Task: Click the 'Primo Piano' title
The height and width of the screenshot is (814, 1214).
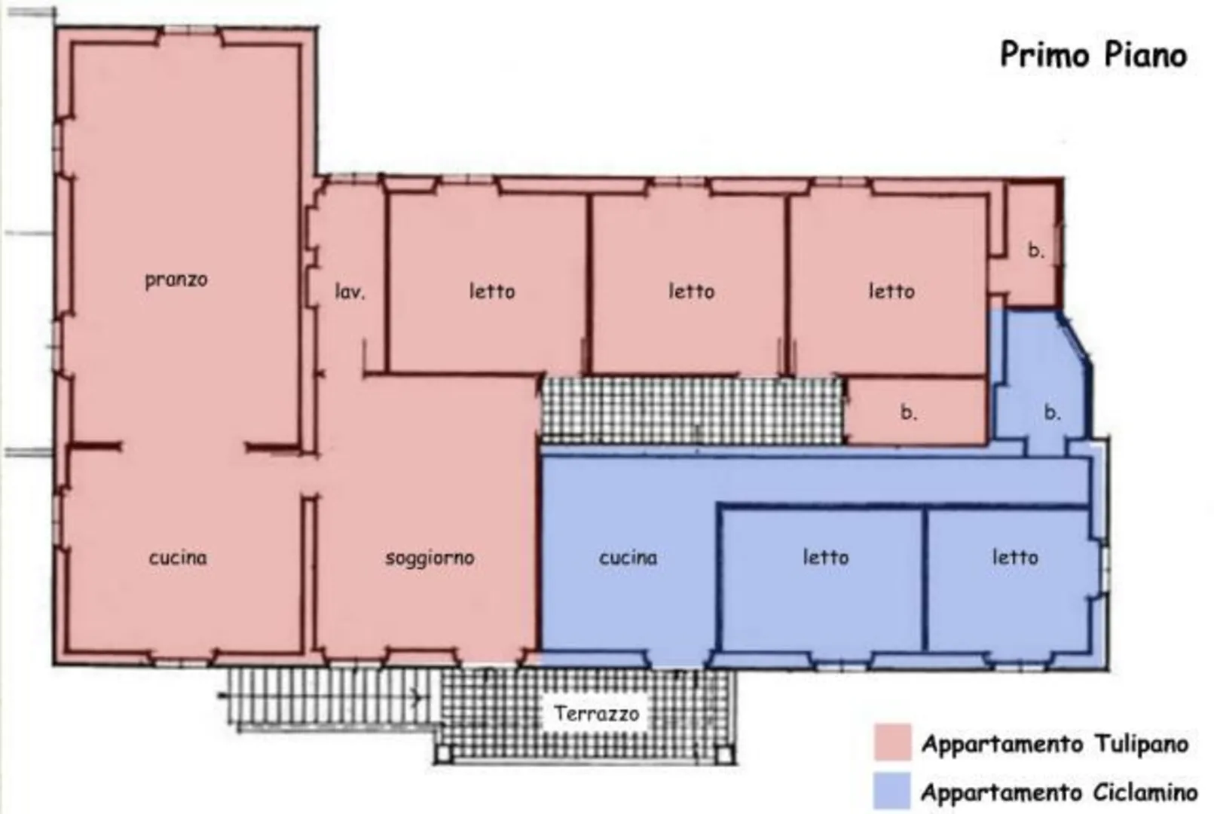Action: pyautogui.click(x=1093, y=55)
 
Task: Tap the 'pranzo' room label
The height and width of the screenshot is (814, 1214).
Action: pyautogui.click(x=176, y=280)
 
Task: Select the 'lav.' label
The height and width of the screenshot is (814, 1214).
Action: pyautogui.click(x=350, y=292)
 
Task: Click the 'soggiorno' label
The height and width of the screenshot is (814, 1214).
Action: pyautogui.click(x=430, y=558)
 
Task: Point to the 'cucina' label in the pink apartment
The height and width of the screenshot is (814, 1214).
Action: pyautogui.click(x=178, y=558)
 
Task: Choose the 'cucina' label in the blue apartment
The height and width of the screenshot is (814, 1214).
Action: pyautogui.click(x=628, y=558)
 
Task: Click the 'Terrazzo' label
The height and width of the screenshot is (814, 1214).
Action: pyautogui.click(x=596, y=714)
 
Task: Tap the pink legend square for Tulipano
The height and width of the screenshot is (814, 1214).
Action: pyautogui.click(x=893, y=742)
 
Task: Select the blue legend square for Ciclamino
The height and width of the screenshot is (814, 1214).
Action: pyautogui.click(x=893, y=791)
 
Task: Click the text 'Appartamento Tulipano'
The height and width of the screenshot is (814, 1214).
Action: pyautogui.click(x=1055, y=744)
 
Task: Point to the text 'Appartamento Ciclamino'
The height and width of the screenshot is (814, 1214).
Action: pyautogui.click(x=1060, y=793)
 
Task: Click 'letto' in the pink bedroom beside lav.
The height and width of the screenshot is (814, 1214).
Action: pyautogui.click(x=492, y=292)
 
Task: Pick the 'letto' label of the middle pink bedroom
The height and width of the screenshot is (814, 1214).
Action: pyautogui.click(x=692, y=292)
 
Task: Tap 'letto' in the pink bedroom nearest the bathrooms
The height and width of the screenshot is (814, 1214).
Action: pyautogui.click(x=891, y=292)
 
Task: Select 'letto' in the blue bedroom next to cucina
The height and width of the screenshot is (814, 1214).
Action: pyautogui.click(x=825, y=557)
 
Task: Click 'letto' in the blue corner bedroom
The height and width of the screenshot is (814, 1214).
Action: pyautogui.click(x=1015, y=557)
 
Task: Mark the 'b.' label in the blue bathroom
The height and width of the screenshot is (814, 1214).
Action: pyautogui.click(x=1052, y=413)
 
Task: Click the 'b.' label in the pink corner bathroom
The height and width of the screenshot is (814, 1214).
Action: pyautogui.click(x=1036, y=250)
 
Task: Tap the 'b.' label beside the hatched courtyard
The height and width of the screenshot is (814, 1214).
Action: pyautogui.click(x=908, y=413)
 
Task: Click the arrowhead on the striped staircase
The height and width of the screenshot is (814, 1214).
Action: pyautogui.click(x=417, y=697)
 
